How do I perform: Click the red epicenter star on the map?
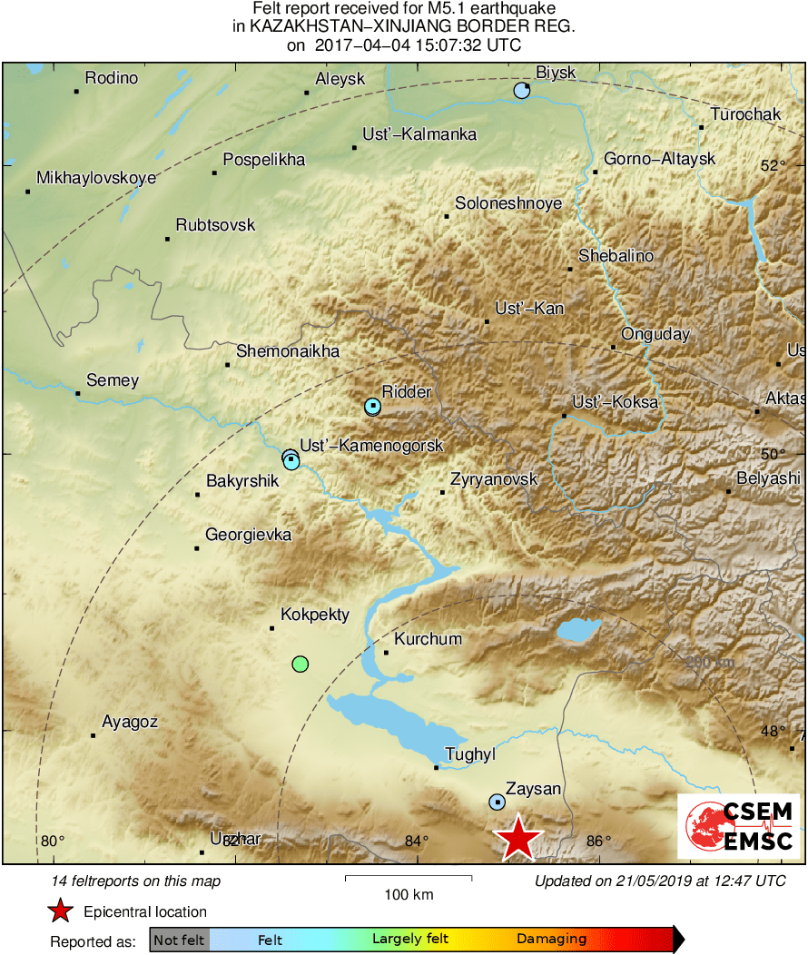click(517, 838)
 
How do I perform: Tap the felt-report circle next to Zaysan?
click(497, 802)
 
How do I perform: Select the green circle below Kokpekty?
click(301, 665)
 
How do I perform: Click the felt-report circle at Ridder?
click(372, 407)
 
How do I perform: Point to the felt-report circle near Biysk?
click(521, 91)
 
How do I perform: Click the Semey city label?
click(112, 380)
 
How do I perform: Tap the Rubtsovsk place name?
click(215, 225)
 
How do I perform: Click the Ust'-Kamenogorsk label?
click(371, 446)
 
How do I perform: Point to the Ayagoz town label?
click(130, 723)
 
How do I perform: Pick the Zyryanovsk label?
click(494, 479)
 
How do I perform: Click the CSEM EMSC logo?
click(738, 826)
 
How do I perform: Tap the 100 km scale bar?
click(409, 879)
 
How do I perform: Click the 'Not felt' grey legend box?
click(179, 940)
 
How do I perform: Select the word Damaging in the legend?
click(551, 940)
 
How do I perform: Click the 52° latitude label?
click(774, 166)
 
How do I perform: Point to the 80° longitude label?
click(53, 841)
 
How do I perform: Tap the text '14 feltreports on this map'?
click(136, 881)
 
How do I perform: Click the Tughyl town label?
click(468, 754)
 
